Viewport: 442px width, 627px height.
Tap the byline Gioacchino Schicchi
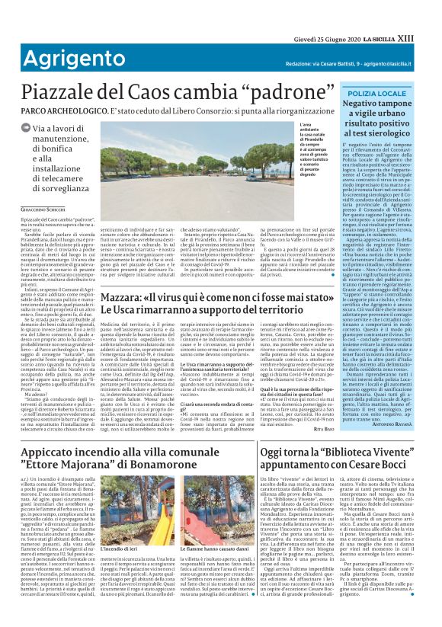40,208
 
